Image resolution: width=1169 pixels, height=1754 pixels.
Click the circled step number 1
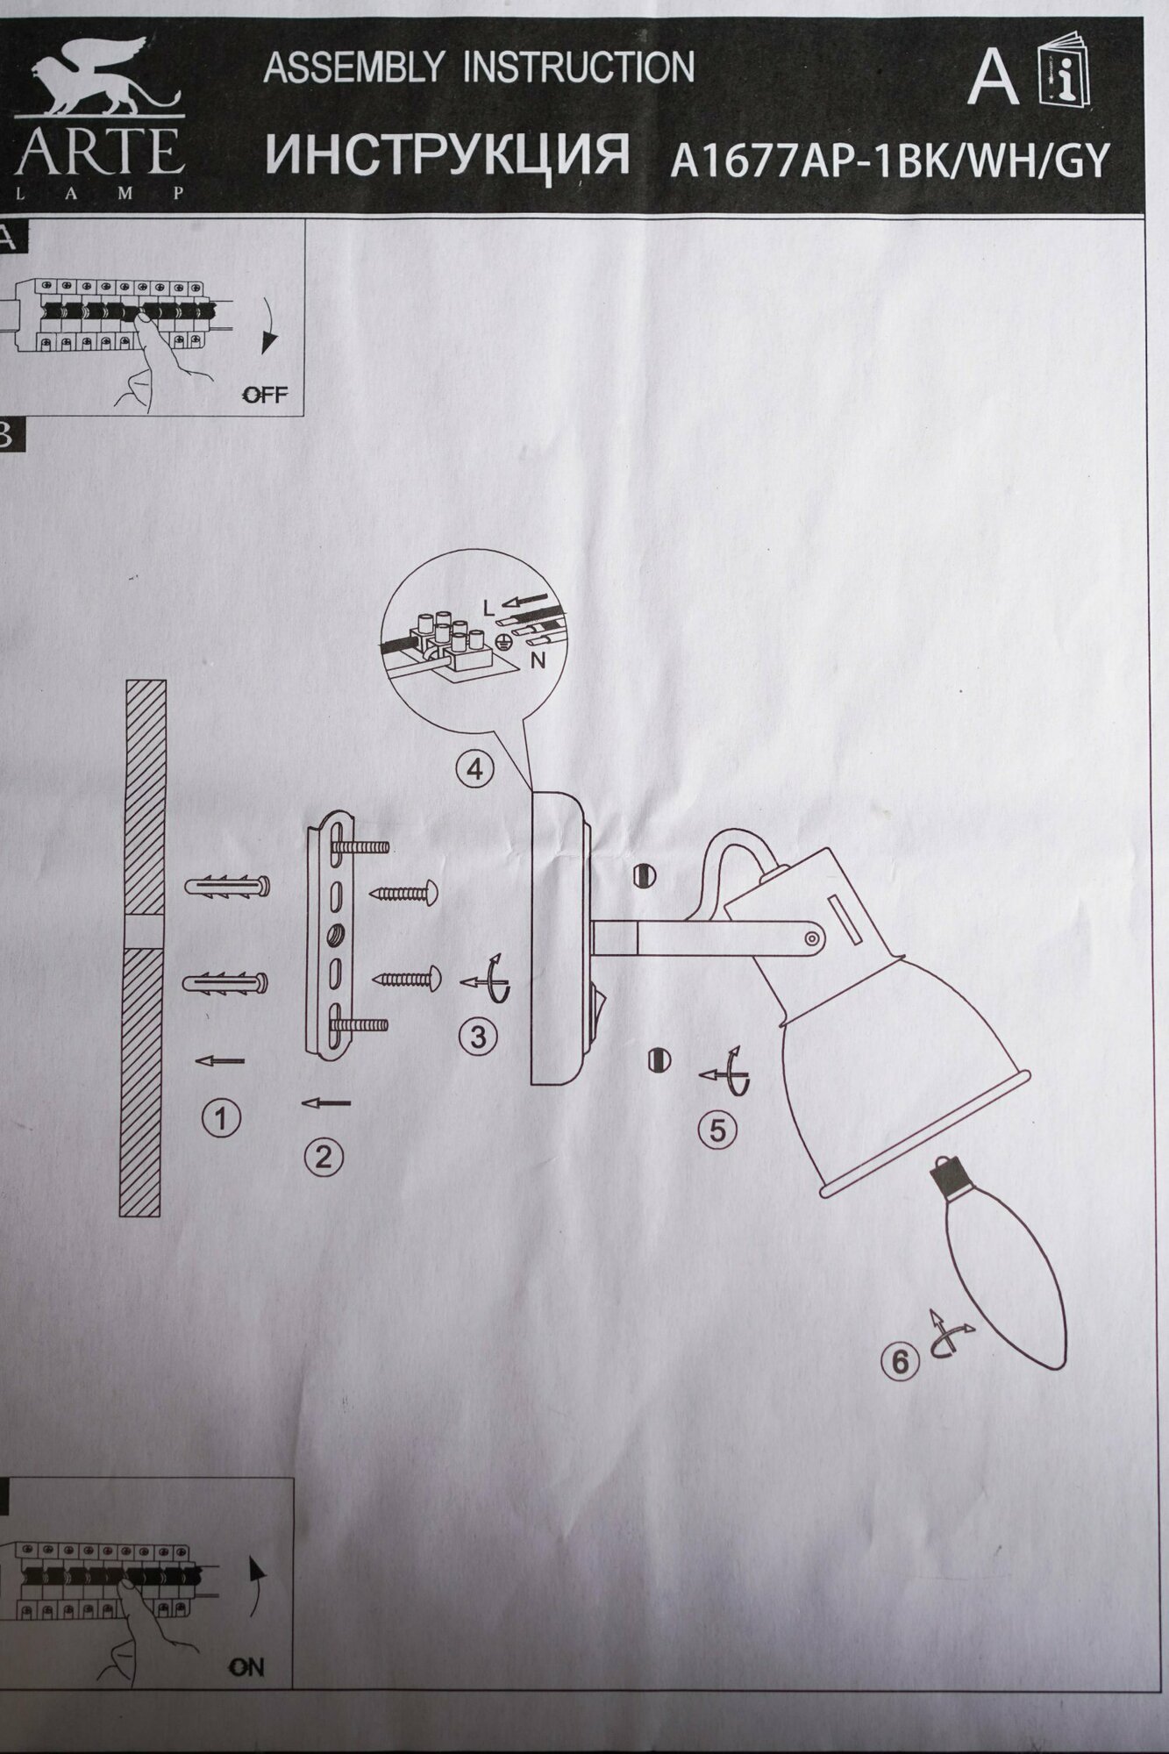pyautogui.click(x=221, y=1117)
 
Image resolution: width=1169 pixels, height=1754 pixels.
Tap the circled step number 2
pyautogui.click(x=324, y=1158)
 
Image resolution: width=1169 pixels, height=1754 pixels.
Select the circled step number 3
pyautogui.click(x=478, y=1037)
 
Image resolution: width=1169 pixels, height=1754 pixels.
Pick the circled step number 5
pyautogui.click(x=717, y=1130)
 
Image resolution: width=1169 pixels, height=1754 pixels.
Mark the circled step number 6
pyautogui.click(x=900, y=1362)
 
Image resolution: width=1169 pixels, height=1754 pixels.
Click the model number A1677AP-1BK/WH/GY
pyautogui.click(x=889, y=161)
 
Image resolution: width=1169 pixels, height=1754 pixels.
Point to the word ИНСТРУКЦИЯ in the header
pyautogui.click(x=447, y=155)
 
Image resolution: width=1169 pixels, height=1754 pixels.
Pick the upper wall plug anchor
pyautogui.click(x=227, y=888)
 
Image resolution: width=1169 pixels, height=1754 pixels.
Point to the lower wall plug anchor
pyautogui.click(x=226, y=983)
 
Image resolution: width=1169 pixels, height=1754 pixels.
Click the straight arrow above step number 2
pyautogui.click(x=325, y=1102)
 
